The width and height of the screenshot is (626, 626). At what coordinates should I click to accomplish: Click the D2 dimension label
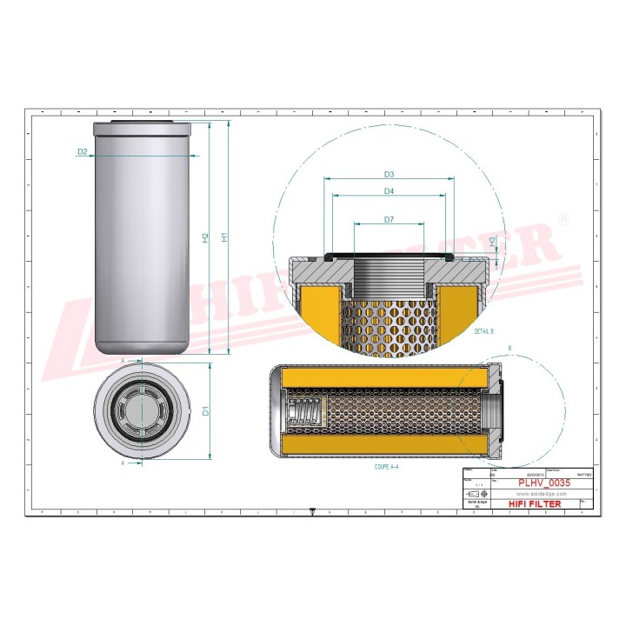[x=83, y=151]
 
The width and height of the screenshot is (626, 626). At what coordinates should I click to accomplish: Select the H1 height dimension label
[x=224, y=236]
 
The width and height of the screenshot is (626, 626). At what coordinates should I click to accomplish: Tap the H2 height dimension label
[x=206, y=236]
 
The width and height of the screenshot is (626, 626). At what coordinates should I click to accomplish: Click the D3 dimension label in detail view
[x=389, y=175]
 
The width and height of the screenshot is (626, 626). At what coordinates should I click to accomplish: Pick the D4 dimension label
[x=389, y=190]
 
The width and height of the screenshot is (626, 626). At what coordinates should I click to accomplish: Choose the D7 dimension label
[x=389, y=220]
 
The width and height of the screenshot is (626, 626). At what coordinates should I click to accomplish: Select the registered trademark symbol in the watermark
[x=565, y=219]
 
